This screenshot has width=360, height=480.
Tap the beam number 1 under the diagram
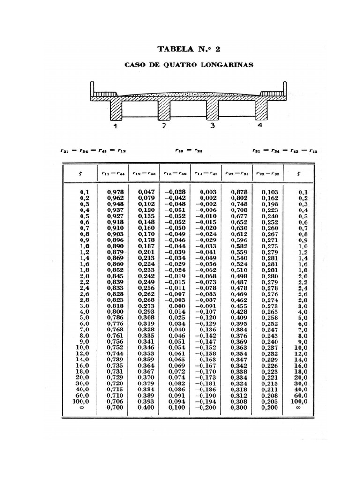pyautogui.click(x=115, y=126)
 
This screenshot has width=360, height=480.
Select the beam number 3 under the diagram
pyautogui.click(x=212, y=126)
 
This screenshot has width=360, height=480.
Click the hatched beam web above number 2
pyautogui.click(x=164, y=108)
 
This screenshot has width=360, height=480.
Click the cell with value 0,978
pyautogui.click(x=114, y=192)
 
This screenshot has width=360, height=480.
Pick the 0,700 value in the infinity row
pyautogui.click(x=114, y=407)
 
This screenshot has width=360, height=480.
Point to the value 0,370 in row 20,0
pyautogui.click(x=145, y=377)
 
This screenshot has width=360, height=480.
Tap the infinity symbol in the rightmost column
pyautogui.click(x=299, y=407)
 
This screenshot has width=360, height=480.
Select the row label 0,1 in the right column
pyautogui.click(x=303, y=192)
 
